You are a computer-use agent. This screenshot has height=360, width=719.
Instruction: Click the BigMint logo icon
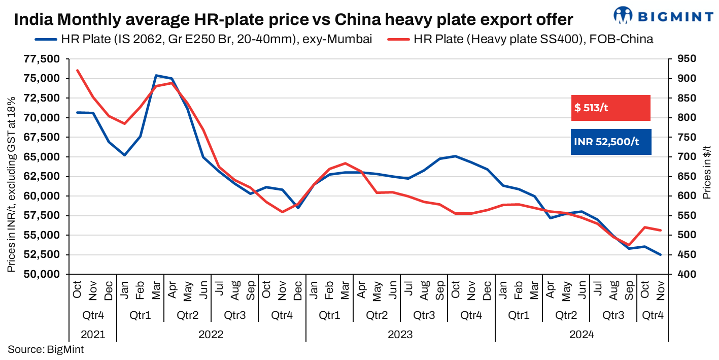[624, 15]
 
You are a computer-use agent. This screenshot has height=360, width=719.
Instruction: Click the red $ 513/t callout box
[610, 108]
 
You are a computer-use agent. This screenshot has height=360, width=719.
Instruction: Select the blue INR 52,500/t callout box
[610, 142]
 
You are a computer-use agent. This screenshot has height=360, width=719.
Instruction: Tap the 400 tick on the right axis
[676, 274]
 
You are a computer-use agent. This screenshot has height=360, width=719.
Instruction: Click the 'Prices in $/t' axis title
[706, 167]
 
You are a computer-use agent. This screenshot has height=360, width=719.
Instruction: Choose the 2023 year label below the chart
[400, 335]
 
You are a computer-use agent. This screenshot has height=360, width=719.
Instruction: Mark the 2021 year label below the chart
[92, 335]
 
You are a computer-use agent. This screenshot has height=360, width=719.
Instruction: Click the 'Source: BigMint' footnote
[46, 349]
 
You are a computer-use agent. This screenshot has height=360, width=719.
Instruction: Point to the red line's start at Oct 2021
[77, 70]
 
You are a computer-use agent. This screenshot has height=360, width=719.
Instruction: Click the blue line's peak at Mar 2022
[156, 76]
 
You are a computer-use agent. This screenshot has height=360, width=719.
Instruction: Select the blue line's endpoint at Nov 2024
[660, 255]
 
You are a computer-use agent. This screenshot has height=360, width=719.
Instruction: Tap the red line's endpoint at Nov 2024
[660, 230]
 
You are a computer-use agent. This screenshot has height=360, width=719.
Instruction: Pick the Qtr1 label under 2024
[519, 315]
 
